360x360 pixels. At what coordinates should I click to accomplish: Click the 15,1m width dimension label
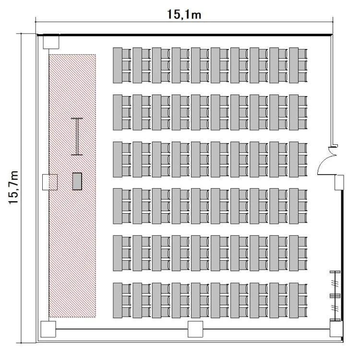click(184, 14)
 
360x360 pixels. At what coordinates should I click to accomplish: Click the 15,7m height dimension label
click(13, 188)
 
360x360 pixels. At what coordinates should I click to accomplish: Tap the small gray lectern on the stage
click(77, 181)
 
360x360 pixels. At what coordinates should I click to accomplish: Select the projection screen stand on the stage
click(77, 137)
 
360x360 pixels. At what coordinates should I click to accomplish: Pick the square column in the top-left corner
click(51, 42)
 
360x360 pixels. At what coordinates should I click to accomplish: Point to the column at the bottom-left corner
click(48, 329)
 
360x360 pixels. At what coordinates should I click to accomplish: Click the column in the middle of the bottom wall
click(195, 329)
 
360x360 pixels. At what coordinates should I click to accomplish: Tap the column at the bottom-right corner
click(336, 329)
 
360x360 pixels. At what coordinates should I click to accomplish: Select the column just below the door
click(339, 182)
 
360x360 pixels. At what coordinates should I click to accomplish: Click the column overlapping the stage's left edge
click(50, 182)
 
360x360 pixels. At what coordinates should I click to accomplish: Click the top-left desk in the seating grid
click(118, 65)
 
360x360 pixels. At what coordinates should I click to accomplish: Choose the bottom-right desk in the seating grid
click(294, 300)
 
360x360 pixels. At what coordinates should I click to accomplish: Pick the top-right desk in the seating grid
click(294, 65)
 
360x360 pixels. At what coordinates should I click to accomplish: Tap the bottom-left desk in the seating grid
click(118, 300)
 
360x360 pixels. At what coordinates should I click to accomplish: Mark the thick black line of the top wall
click(185, 35)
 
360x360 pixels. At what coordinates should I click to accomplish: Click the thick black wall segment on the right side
click(342, 265)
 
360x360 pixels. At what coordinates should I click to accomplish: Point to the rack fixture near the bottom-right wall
click(335, 296)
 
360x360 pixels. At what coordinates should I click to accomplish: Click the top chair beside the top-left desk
click(127, 54)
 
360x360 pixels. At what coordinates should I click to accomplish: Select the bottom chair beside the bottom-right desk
click(302, 312)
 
